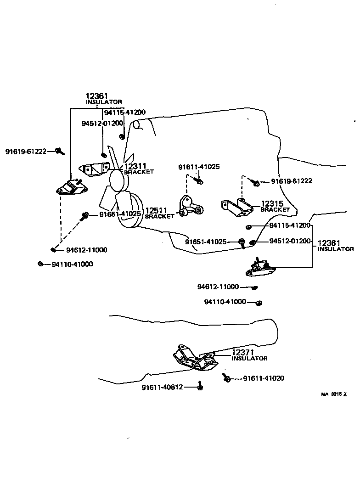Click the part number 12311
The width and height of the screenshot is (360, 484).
(x=135, y=166)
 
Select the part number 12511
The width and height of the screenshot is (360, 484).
(x=156, y=210)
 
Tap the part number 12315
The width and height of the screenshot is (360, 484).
(x=272, y=203)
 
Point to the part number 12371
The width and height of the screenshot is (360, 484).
(x=243, y=352)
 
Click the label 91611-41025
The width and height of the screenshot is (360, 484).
(x=199, y=167)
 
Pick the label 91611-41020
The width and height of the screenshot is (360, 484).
(x=264, y=378)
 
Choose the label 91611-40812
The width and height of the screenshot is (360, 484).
(x=163, y=387)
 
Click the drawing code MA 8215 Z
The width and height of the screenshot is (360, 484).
(x=334, y=394)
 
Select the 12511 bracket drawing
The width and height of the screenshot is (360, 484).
(x=191, y=206)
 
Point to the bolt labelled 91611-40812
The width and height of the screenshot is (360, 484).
(x=200, y=386)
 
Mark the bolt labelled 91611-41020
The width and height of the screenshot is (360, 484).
(x=227, y=377)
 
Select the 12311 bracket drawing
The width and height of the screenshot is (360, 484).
(x=95, y=169)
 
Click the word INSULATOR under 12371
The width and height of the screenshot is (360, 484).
(x=249, y=358)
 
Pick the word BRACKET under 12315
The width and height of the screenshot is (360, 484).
(x=276, y=209)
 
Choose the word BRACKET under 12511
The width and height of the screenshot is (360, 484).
(x=160, y=216)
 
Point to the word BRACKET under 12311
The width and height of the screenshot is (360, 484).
(x=139, y=172)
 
